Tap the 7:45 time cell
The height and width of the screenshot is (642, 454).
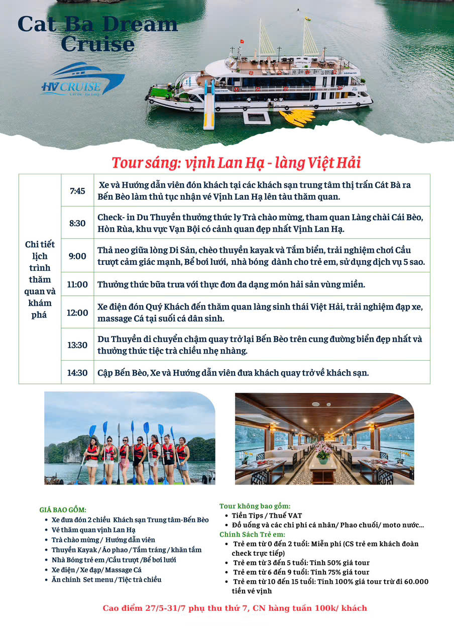click(77, 191)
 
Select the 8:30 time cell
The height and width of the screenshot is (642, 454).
click(77, 223)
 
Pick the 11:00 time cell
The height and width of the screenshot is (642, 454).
click(77, 284)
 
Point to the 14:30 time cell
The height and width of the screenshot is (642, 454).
click(77, 373)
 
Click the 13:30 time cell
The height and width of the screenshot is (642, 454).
click(77, 345)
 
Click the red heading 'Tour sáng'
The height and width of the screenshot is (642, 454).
click(236, 163)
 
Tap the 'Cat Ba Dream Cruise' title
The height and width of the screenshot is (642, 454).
click(97, 34)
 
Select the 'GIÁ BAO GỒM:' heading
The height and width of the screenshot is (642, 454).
click(63, 510)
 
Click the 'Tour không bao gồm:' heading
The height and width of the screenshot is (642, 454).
click(255, 506)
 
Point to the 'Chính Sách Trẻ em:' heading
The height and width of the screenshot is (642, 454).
click(252, 534)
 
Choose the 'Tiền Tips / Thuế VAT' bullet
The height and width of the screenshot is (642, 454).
click(267, 515)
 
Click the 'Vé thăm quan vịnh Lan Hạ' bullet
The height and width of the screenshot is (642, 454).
click(93, 530)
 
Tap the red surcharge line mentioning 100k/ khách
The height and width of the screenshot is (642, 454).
click(235, 608)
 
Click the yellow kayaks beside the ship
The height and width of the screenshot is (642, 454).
click(297, 117)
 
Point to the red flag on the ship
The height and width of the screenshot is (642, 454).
click(242, 41)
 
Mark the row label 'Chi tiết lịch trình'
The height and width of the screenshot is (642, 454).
click(40, 279)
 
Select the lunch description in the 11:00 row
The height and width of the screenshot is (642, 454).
click(231, 284)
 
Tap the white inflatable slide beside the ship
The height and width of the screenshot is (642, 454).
click(209, 105)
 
